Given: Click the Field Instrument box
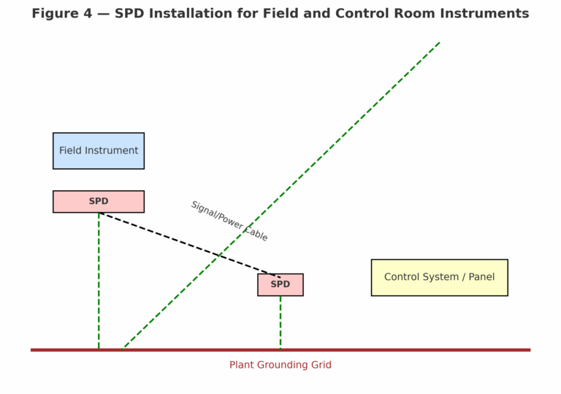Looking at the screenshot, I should (99, 151).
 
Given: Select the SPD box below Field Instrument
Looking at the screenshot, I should (99, 202).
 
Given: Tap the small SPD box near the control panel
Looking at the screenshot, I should (280, 284).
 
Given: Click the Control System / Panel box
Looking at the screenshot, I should (439, 277).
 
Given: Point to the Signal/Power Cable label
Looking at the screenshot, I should (229, 221).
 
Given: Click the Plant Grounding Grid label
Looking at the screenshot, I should (280, 365).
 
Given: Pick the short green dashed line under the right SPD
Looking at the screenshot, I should (280, 322).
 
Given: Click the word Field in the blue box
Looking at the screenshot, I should (71, 151).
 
